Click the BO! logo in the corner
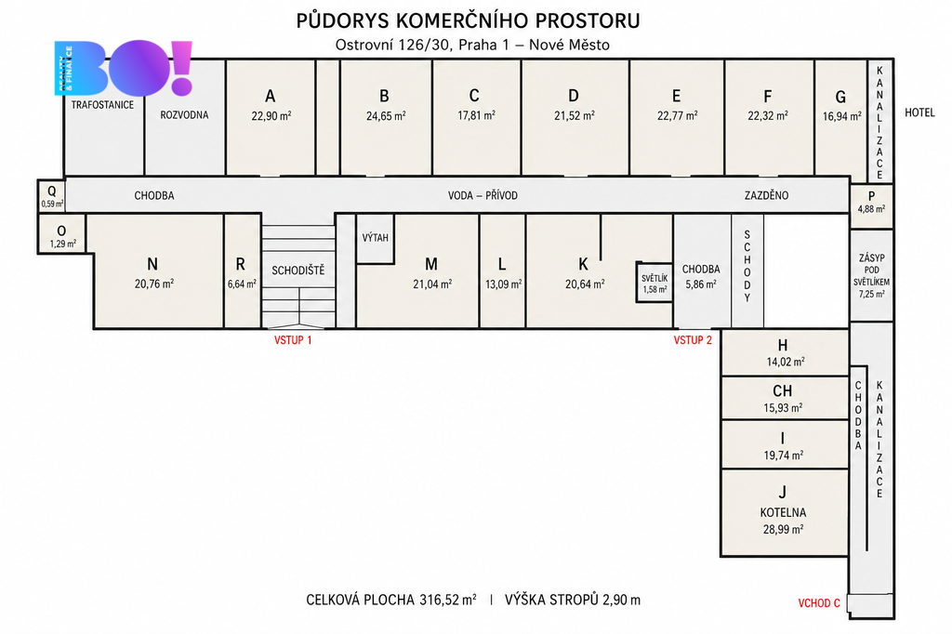124,68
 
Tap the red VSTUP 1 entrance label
293,340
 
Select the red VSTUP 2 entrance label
692,340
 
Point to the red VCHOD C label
819,603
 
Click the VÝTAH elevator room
376,238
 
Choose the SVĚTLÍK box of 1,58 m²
654,283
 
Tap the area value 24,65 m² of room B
386,115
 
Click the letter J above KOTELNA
783,491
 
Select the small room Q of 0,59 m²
52,195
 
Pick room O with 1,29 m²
62,235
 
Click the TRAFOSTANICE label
102,104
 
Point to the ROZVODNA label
185,114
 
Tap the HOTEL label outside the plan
919,112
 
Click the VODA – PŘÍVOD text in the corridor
483,195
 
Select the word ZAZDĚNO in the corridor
766,195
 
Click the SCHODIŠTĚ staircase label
298,271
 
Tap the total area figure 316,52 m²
447,600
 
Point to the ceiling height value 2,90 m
621,600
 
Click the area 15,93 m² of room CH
783,408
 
